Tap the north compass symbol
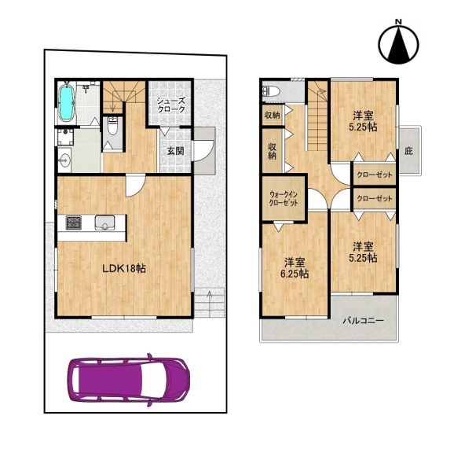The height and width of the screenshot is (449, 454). [x=399, y=44]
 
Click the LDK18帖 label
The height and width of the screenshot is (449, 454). [x=124, y=269]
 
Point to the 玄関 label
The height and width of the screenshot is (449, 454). [x=175, y=151]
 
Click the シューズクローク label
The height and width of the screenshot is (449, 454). [x=170, y=105]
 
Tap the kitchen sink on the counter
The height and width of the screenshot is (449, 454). [x=104, y=223]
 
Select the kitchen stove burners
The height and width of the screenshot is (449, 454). [x=74, y=223]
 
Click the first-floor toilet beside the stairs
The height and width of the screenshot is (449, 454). [x=112, y=126]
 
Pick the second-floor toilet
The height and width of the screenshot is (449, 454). [x=271, y=91]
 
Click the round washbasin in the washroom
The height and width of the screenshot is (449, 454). [x=64, y=160]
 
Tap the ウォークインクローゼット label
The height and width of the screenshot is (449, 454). [x=284, y=199]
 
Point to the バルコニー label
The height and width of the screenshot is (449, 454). [x=364, y=321]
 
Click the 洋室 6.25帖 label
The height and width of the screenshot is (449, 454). [x=295, y=268]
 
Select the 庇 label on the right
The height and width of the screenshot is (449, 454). [x=408, y=151]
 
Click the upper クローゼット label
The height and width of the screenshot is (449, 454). [x=375, y=175]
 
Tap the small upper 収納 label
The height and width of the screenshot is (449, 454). [x=273, y=115]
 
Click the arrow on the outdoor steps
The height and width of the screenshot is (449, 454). [x=210, y=304]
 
